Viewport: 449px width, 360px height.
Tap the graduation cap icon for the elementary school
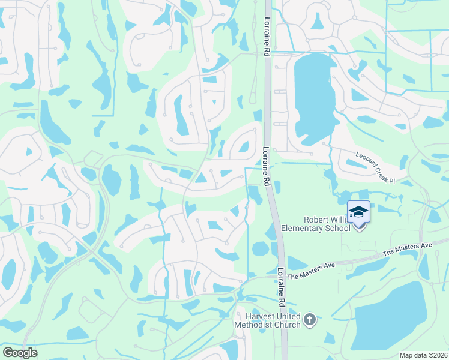click(358, 212)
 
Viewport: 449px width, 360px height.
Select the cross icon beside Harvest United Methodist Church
click(310, 320)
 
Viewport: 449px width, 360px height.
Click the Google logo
click(20, 353)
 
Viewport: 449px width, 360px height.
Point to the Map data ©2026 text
click(423, 355)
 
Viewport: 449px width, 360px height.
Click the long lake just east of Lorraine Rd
click(313, 96)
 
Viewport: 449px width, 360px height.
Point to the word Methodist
click(262, 325)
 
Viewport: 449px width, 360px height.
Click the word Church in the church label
click(288, 325)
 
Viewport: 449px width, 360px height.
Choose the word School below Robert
click(339, 228)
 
